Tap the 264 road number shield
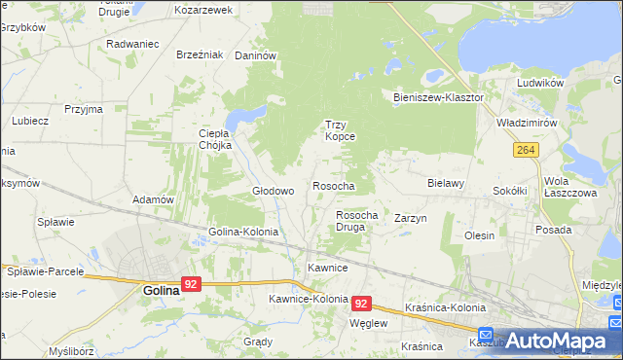tap(527, 149)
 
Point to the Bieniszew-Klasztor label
tap(438, 98)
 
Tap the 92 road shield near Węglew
tap(362, 304)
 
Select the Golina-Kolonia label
tap(243, 233)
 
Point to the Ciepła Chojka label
tap(214, 139)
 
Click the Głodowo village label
tap(274, 191)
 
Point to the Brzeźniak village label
tap(201, 54)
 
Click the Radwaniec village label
tap(132, 44)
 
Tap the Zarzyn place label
tap(411, 219)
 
